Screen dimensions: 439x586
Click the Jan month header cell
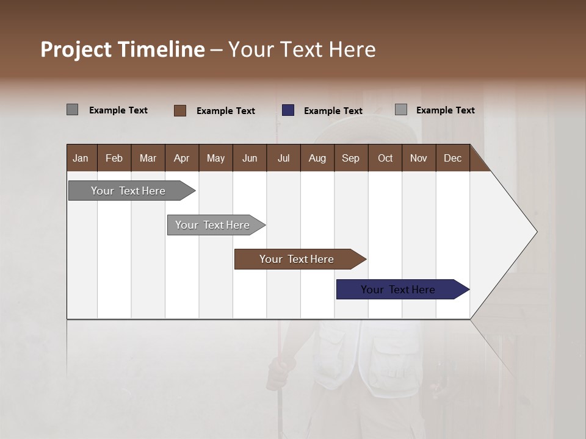click(81, 158)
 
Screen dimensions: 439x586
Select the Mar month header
click(148, 158)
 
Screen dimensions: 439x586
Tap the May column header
click(215, 158)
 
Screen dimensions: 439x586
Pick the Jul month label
click(283, 158)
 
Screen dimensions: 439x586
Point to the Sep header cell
click(350, 158)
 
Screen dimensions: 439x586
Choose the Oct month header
click(385, 158)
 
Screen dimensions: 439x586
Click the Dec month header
click(452, 158)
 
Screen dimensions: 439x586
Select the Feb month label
click(114, 158)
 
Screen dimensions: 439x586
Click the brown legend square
click(180, 110)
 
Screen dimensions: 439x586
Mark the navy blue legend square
click(288, 110)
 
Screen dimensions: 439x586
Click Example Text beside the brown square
click(225, 111)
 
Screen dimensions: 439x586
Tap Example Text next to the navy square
click(333, 111)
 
